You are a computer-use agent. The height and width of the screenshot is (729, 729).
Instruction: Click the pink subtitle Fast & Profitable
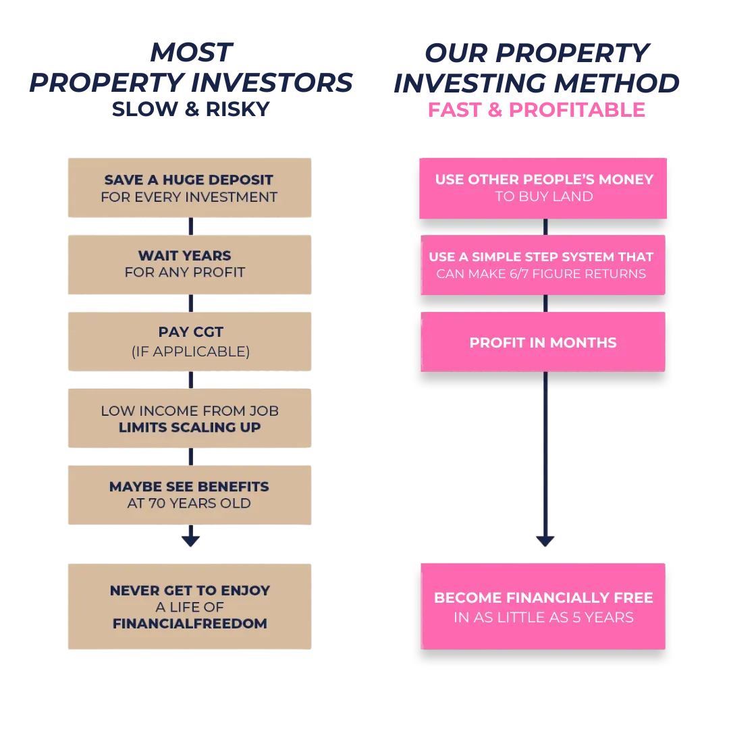coord(537,110)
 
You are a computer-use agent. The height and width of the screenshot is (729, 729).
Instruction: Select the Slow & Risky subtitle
coord(190,109)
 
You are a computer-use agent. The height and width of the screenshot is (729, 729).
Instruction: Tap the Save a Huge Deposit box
coord(190,188)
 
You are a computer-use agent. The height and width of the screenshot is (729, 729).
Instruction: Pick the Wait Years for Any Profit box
coord(190,265)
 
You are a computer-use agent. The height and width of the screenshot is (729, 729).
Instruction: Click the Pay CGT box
coord(190,342)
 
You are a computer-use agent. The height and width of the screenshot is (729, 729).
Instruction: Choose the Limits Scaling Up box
coord(190,418)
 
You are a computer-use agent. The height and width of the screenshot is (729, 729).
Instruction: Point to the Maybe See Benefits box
coord(190,495)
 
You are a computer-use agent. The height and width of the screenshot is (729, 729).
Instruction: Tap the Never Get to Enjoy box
coord(190,607)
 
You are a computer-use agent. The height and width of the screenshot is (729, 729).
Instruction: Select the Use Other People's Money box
coord(543,188)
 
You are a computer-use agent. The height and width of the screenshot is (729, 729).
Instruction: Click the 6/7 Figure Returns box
coord(543,265)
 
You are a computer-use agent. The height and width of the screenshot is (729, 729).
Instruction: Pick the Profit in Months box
coord(543,342)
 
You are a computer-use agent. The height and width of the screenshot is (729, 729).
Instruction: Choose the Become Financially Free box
coord(543,606)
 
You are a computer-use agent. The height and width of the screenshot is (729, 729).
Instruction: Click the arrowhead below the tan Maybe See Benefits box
coord(190,541)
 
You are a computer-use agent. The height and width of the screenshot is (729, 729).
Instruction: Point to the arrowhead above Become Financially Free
coord(545,541)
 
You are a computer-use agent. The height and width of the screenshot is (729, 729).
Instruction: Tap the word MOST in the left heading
coord(191,52)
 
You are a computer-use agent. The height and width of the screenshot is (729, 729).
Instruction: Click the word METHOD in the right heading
coord(616,83)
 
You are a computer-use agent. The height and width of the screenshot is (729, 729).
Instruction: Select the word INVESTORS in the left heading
coord(272,83)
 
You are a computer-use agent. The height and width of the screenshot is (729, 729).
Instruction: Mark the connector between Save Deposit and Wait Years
coord(190,226)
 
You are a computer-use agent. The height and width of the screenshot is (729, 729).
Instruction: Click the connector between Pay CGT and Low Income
coord(190,380)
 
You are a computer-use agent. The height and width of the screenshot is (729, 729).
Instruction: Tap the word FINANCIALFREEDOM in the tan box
coord(190,624)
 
